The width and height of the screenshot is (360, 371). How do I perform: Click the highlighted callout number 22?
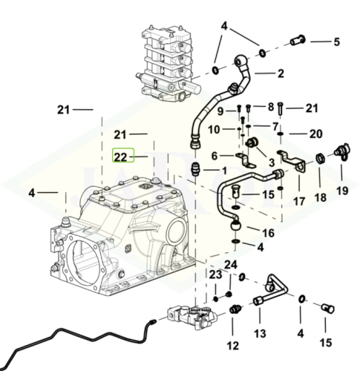click(120, 157)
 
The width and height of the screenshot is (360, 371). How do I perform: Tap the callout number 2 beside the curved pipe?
click(281, 73)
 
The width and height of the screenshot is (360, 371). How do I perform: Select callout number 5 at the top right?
click(336, 41)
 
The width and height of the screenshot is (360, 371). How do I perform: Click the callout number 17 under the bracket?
click(298, 201)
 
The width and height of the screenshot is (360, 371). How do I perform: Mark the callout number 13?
click(261, 333)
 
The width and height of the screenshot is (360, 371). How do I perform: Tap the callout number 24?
click(231, 265)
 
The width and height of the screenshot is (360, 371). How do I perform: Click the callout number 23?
click(215, 275)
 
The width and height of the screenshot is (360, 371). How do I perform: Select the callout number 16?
click(247, 232)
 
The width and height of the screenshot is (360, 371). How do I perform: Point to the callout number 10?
click(213, 129)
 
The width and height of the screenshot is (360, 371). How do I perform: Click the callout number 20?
click(315, 134)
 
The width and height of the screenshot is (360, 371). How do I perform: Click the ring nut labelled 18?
click(320, 160)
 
